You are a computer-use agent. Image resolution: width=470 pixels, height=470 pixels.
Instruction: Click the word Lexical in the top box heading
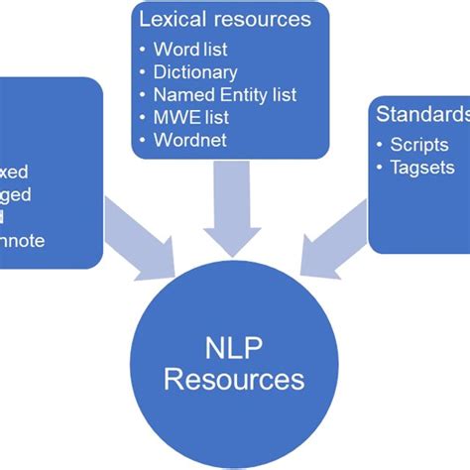point(170,20)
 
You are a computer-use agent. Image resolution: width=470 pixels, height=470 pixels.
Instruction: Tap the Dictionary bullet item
point(195,72)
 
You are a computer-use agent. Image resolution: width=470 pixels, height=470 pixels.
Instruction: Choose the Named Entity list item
point(225,95)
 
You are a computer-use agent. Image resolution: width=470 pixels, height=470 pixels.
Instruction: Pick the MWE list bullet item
point(190,117)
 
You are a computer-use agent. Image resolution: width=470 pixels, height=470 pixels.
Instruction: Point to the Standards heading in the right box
point(421,113)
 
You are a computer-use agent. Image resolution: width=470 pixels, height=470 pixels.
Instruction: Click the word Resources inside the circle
point(234,379)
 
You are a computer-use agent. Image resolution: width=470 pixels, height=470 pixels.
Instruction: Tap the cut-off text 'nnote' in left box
point(23,240)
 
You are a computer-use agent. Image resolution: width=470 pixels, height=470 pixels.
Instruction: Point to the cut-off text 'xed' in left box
point(15,172)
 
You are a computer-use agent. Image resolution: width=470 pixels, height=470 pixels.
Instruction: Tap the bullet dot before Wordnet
point(145,141)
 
